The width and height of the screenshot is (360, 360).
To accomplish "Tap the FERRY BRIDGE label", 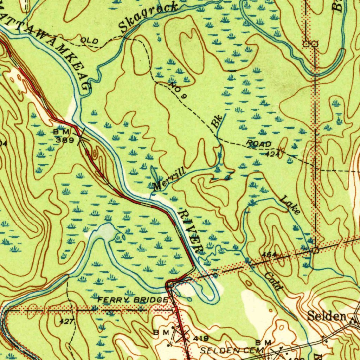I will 133,300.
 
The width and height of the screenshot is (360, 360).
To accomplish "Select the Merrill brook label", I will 169,180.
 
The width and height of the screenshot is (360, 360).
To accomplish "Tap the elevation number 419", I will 201,339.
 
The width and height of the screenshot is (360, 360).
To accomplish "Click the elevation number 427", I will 66,321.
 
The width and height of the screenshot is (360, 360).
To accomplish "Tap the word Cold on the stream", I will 274,282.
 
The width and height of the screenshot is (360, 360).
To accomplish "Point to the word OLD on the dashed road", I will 89,41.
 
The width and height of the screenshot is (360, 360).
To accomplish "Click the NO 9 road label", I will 177,90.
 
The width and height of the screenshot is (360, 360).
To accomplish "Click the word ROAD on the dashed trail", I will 259,143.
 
